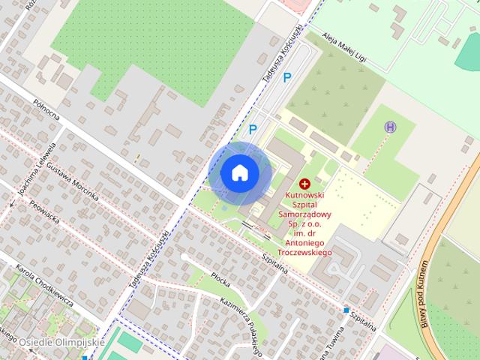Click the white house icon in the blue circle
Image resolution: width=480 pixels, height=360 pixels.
point(239,172)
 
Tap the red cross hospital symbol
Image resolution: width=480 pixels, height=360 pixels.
point(304,183)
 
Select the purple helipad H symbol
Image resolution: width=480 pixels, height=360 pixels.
point(390,127)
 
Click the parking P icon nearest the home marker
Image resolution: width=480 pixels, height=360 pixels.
point(253,129)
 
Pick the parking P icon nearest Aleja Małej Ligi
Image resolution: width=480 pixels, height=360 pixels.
point(287,76)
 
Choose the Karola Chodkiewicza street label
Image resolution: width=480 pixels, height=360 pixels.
point(44,285)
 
